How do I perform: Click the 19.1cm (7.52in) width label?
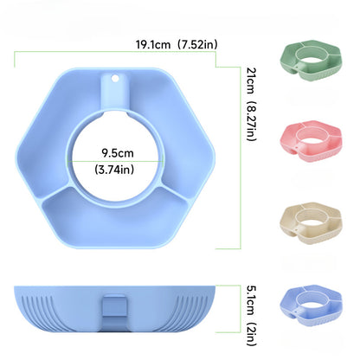177,45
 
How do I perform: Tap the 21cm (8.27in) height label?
251,104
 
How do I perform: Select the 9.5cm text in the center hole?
118,152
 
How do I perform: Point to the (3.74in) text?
114,170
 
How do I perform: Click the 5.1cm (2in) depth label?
251,315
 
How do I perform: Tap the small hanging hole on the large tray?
115,78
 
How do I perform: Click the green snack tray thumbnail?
311,60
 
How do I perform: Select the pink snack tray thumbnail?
311,141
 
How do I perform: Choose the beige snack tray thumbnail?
311,222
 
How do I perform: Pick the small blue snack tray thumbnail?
311,305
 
